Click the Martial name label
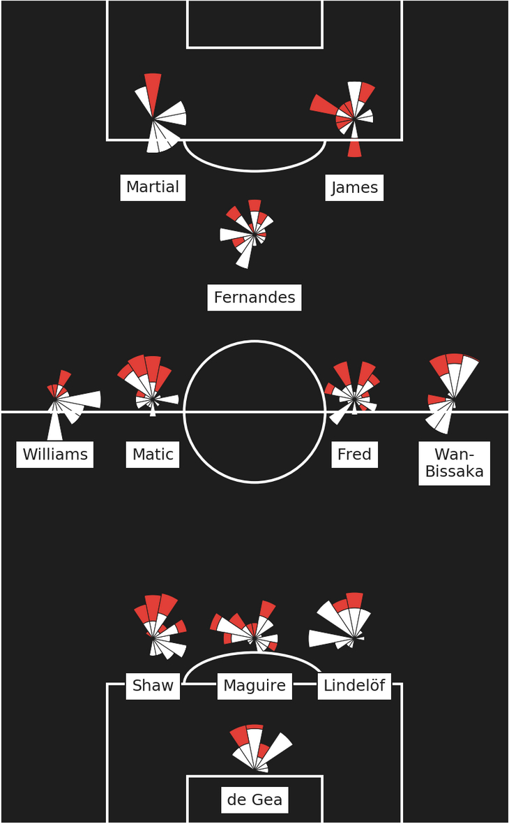point(153,187)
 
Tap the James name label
point(354,188)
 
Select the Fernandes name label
point(254,297)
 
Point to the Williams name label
point(55,455)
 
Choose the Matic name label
point(153,455)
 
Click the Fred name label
point(354,455)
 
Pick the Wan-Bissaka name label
point(455,463)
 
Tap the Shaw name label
point(153,686)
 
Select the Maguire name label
point(254,686)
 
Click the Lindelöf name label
point(354,686)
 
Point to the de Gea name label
point(254,800)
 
